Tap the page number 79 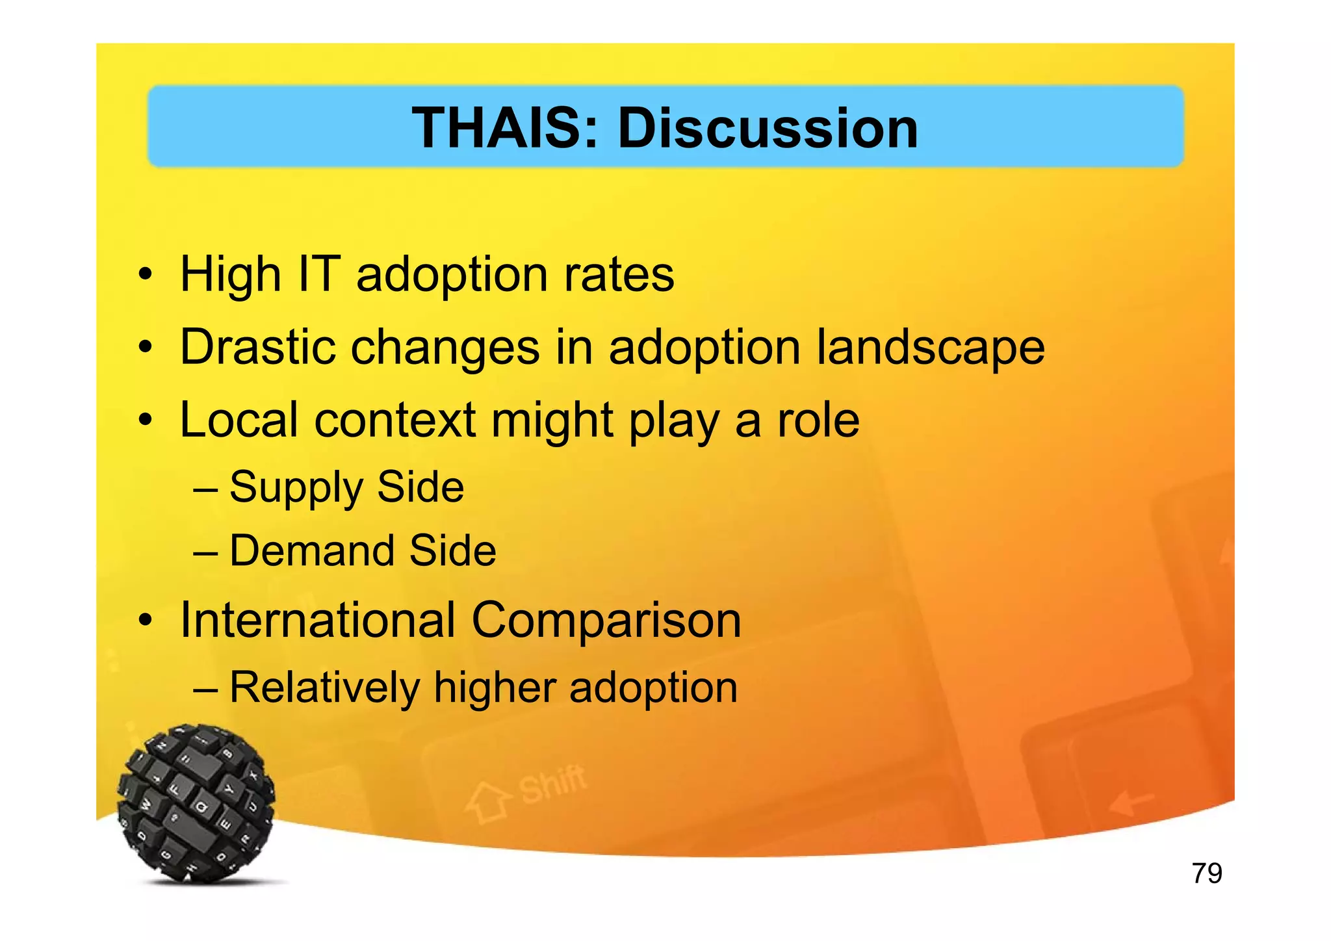click(1207, 873)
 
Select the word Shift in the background click(552, 784)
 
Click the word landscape click(930, 348)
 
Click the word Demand click(311, 551)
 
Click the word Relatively click(324, 688)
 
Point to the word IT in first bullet click(318, 274)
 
